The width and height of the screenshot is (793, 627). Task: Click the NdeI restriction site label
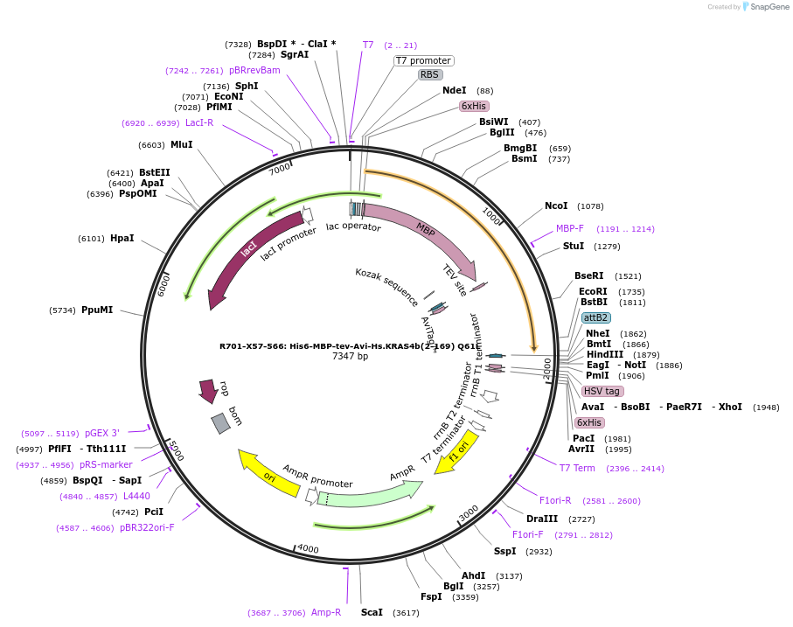(x=454, y=90)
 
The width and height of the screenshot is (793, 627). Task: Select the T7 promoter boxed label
(x=423, y=60)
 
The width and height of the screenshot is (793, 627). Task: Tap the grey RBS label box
(x=430, y=75)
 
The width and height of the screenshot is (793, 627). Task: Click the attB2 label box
(x=596, y=317)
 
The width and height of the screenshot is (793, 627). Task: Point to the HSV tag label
(x=602, y=391)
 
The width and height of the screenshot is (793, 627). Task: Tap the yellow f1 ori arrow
(x=457, y=451)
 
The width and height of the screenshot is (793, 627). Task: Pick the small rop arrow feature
(x=208, y=390)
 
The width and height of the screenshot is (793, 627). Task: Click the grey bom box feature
(x=220, y=423)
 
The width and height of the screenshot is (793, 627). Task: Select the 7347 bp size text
(x=350, y=357)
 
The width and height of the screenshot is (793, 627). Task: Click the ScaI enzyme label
(x=372, y=612)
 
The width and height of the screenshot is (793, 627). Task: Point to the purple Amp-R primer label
(x=326, y=612)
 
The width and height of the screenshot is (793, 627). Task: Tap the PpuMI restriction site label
(x=97, y=310)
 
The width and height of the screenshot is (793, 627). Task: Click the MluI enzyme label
(x=182, y=145)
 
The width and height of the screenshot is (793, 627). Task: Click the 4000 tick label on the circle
(x=308, y=548)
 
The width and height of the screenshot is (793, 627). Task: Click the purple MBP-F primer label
(x=570, y=228)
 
